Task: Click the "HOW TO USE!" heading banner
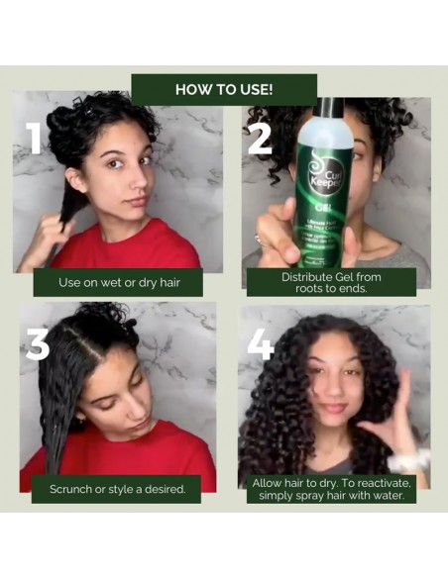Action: [x=224, y=89]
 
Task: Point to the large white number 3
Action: [x=38, y=342]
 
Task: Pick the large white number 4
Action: [x=260, y=342]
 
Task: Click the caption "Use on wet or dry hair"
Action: [x=117, y=282]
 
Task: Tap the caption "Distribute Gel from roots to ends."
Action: [x=331, y=282]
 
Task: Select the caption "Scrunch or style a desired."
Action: [x=117, y=489]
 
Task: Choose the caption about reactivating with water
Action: [x=331, y=488]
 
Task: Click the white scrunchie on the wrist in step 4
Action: [x=407, y=461]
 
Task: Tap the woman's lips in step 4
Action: [x=332, y=408]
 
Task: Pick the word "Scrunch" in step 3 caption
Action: [x=74, y=489]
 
